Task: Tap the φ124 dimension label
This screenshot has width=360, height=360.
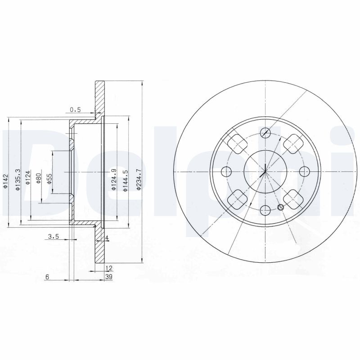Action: (28, 178)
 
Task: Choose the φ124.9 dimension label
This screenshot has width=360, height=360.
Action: (114, 180)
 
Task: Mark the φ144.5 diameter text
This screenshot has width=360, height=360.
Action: (126, 180)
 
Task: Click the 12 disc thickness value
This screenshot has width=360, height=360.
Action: (108, 268)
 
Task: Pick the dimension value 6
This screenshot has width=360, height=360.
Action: (47, 277)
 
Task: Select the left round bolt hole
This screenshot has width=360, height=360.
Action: (227, 171)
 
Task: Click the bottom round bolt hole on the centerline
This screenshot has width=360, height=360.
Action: (265, 210)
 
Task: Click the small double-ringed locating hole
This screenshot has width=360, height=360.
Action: (281, 207)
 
